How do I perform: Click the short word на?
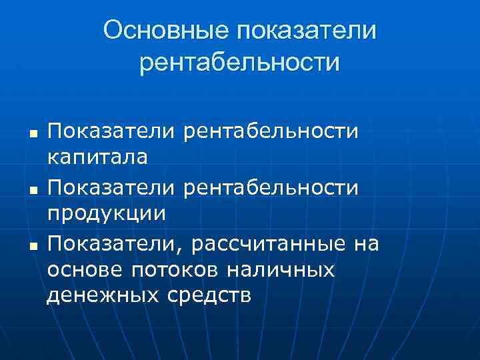366,245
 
